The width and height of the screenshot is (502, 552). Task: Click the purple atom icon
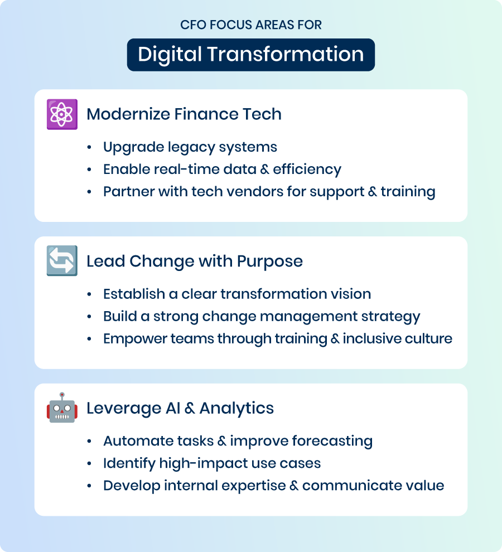point(62,114)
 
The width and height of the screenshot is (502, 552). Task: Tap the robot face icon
point(62,408)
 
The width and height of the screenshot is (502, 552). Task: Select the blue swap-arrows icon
point(62,260)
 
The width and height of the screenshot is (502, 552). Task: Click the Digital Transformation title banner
point(251,55)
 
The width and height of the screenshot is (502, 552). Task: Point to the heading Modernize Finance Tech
point(184,114)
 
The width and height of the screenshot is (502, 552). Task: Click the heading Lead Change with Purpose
point(195,261)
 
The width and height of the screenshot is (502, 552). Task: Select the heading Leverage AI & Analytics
point(180,408)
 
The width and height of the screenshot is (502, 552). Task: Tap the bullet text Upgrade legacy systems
point(190,147)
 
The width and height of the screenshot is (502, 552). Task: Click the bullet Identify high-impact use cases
point(212,463)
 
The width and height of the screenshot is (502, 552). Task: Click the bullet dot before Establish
point(89,294)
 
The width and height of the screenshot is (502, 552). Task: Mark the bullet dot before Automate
point(89,441)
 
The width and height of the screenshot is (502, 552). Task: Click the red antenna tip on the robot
point(62,395)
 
